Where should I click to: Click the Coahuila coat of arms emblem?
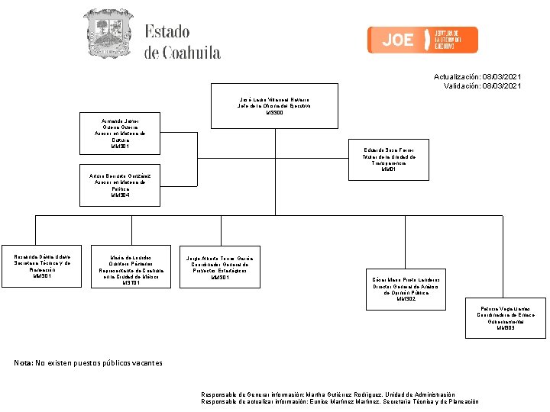tap(108, 34)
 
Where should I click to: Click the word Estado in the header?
tap(167, 32)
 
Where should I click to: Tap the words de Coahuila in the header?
tap(183, 53)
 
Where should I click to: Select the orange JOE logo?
tap(422, 40)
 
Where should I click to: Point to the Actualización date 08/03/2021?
tap(502, 77)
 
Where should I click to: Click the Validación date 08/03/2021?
tap(502, 86)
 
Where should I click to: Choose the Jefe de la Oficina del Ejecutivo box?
tap(274, 106)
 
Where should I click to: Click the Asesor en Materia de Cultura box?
tap(120, 133)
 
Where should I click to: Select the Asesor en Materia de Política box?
tap(120, 185)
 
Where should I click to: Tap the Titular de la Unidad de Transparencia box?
tap(389, 159)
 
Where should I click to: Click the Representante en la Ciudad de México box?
tap(131, 269)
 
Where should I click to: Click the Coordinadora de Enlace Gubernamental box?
tap(506, 317)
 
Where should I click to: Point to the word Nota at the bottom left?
tap(23, 362)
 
